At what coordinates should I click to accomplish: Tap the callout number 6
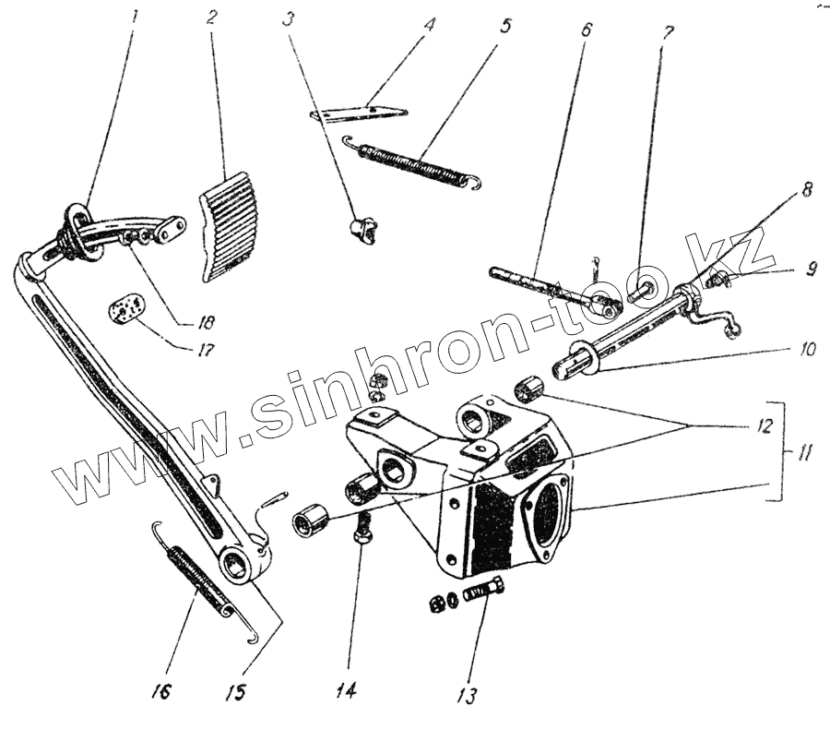[x=587, y=29]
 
